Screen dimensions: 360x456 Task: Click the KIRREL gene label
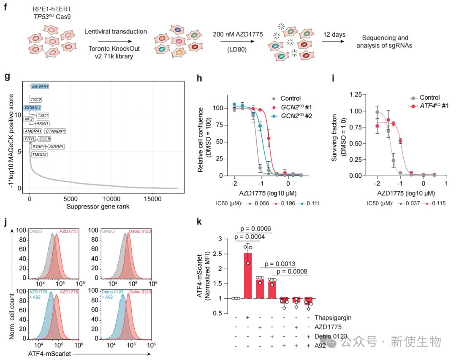point(56,146)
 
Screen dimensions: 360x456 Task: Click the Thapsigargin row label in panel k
point(334,317)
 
